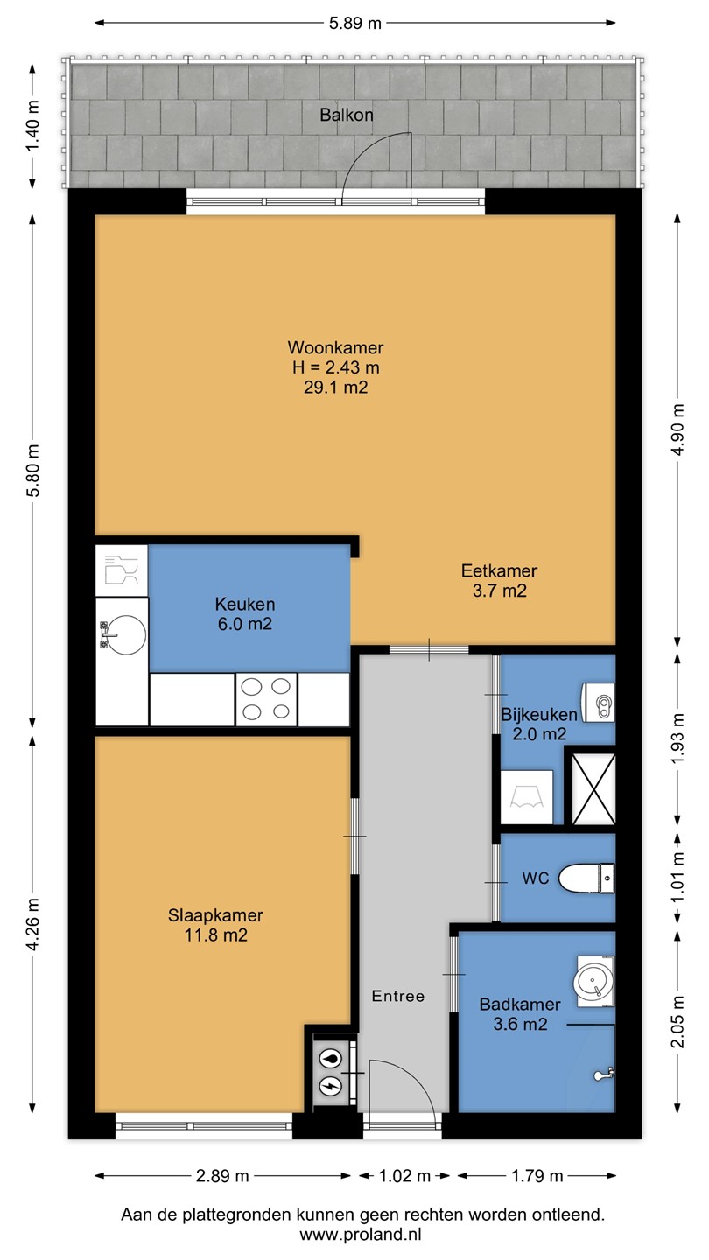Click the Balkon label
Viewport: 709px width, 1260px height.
pos(347,115)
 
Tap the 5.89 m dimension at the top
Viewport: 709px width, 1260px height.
pos(355,23)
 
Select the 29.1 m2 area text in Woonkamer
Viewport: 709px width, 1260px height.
pos(336,388)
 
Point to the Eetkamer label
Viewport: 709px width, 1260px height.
pos(499,570)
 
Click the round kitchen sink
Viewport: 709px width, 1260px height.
pos(126,634)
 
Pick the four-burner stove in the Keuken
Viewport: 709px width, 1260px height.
pos(266,699)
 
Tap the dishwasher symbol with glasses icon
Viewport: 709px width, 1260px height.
pos(122,570)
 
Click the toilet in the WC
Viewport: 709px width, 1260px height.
pos(586,878)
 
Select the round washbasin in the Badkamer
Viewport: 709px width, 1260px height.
pos(593,982)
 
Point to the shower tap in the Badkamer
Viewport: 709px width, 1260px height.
pos(603,1074)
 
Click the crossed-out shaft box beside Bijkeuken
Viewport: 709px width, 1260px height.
pos(593,790)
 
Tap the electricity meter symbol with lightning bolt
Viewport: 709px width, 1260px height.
pos(329,1086)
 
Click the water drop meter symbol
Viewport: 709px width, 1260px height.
pos(329,1059)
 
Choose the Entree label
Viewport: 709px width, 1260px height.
pos(397,996)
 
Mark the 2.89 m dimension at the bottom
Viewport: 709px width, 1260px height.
pos(222,1176)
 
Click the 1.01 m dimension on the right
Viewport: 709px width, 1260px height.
pos(678,878)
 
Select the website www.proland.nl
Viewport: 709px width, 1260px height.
pos(360,1235)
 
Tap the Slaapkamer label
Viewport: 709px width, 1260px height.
pos(215,915)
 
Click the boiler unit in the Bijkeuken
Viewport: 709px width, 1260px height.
pos(598,703)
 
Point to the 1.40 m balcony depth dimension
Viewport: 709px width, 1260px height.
pos(33,125)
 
